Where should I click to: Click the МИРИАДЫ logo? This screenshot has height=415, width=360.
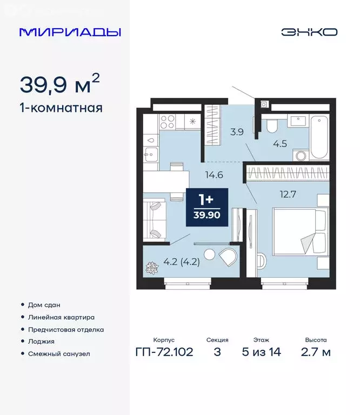pos(70,32)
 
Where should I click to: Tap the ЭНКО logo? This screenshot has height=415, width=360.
pos(309,32)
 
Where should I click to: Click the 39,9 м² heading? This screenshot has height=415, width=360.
pos(59,84)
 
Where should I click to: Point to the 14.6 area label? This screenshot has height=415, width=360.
pos(214,175)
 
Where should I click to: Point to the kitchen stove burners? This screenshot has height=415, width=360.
pos(168,121)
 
